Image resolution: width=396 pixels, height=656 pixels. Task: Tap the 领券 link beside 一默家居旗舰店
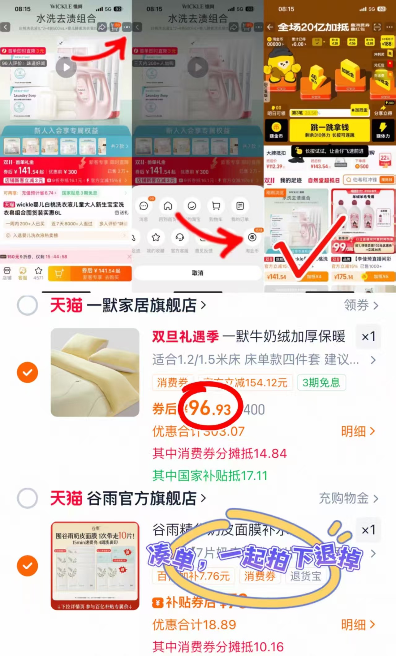pyautogui.click(x=361, y=305)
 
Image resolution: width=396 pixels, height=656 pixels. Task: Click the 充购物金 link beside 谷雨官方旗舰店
pyautogui.click(x=348, y=498)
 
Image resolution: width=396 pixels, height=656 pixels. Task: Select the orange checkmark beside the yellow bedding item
pyautogui.click(x=28, y=372)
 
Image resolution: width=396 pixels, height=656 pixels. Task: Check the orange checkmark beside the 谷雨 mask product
pyautogui.click(x=28, y=566)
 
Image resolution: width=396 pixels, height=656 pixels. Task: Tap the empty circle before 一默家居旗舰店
pyautogui.click(x=28, y=305)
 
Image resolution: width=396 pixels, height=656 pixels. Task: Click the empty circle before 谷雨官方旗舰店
pyautogui.click(x=28, y=498)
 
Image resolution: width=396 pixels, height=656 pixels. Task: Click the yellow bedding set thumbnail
pyautogui.click(x=95, y=372)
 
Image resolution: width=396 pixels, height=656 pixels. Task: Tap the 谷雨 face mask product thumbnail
pyautogui.click(x=95, y=566)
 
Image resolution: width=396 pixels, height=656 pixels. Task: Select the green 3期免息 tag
pyautogui.click(x=321, y=383)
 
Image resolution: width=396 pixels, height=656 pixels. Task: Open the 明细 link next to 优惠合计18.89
pyautogui.click(x=358, y=625)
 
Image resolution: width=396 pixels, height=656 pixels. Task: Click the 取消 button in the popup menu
pyautogui.click(x=197, y=273)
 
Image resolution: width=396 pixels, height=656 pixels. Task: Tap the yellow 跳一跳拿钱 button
pyautogui.click(x=329, y=130)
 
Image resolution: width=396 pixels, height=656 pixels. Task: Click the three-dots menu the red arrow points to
pyautogui.click(x=127, y=27)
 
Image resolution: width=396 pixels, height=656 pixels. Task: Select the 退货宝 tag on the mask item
pyautogui.click(x=306, y=576)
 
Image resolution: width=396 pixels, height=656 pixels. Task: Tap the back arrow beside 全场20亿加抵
pyautogui.click(x=270, y=27)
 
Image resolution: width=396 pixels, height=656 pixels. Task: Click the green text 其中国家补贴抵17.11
pyautogui.click(x=210, y=476)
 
